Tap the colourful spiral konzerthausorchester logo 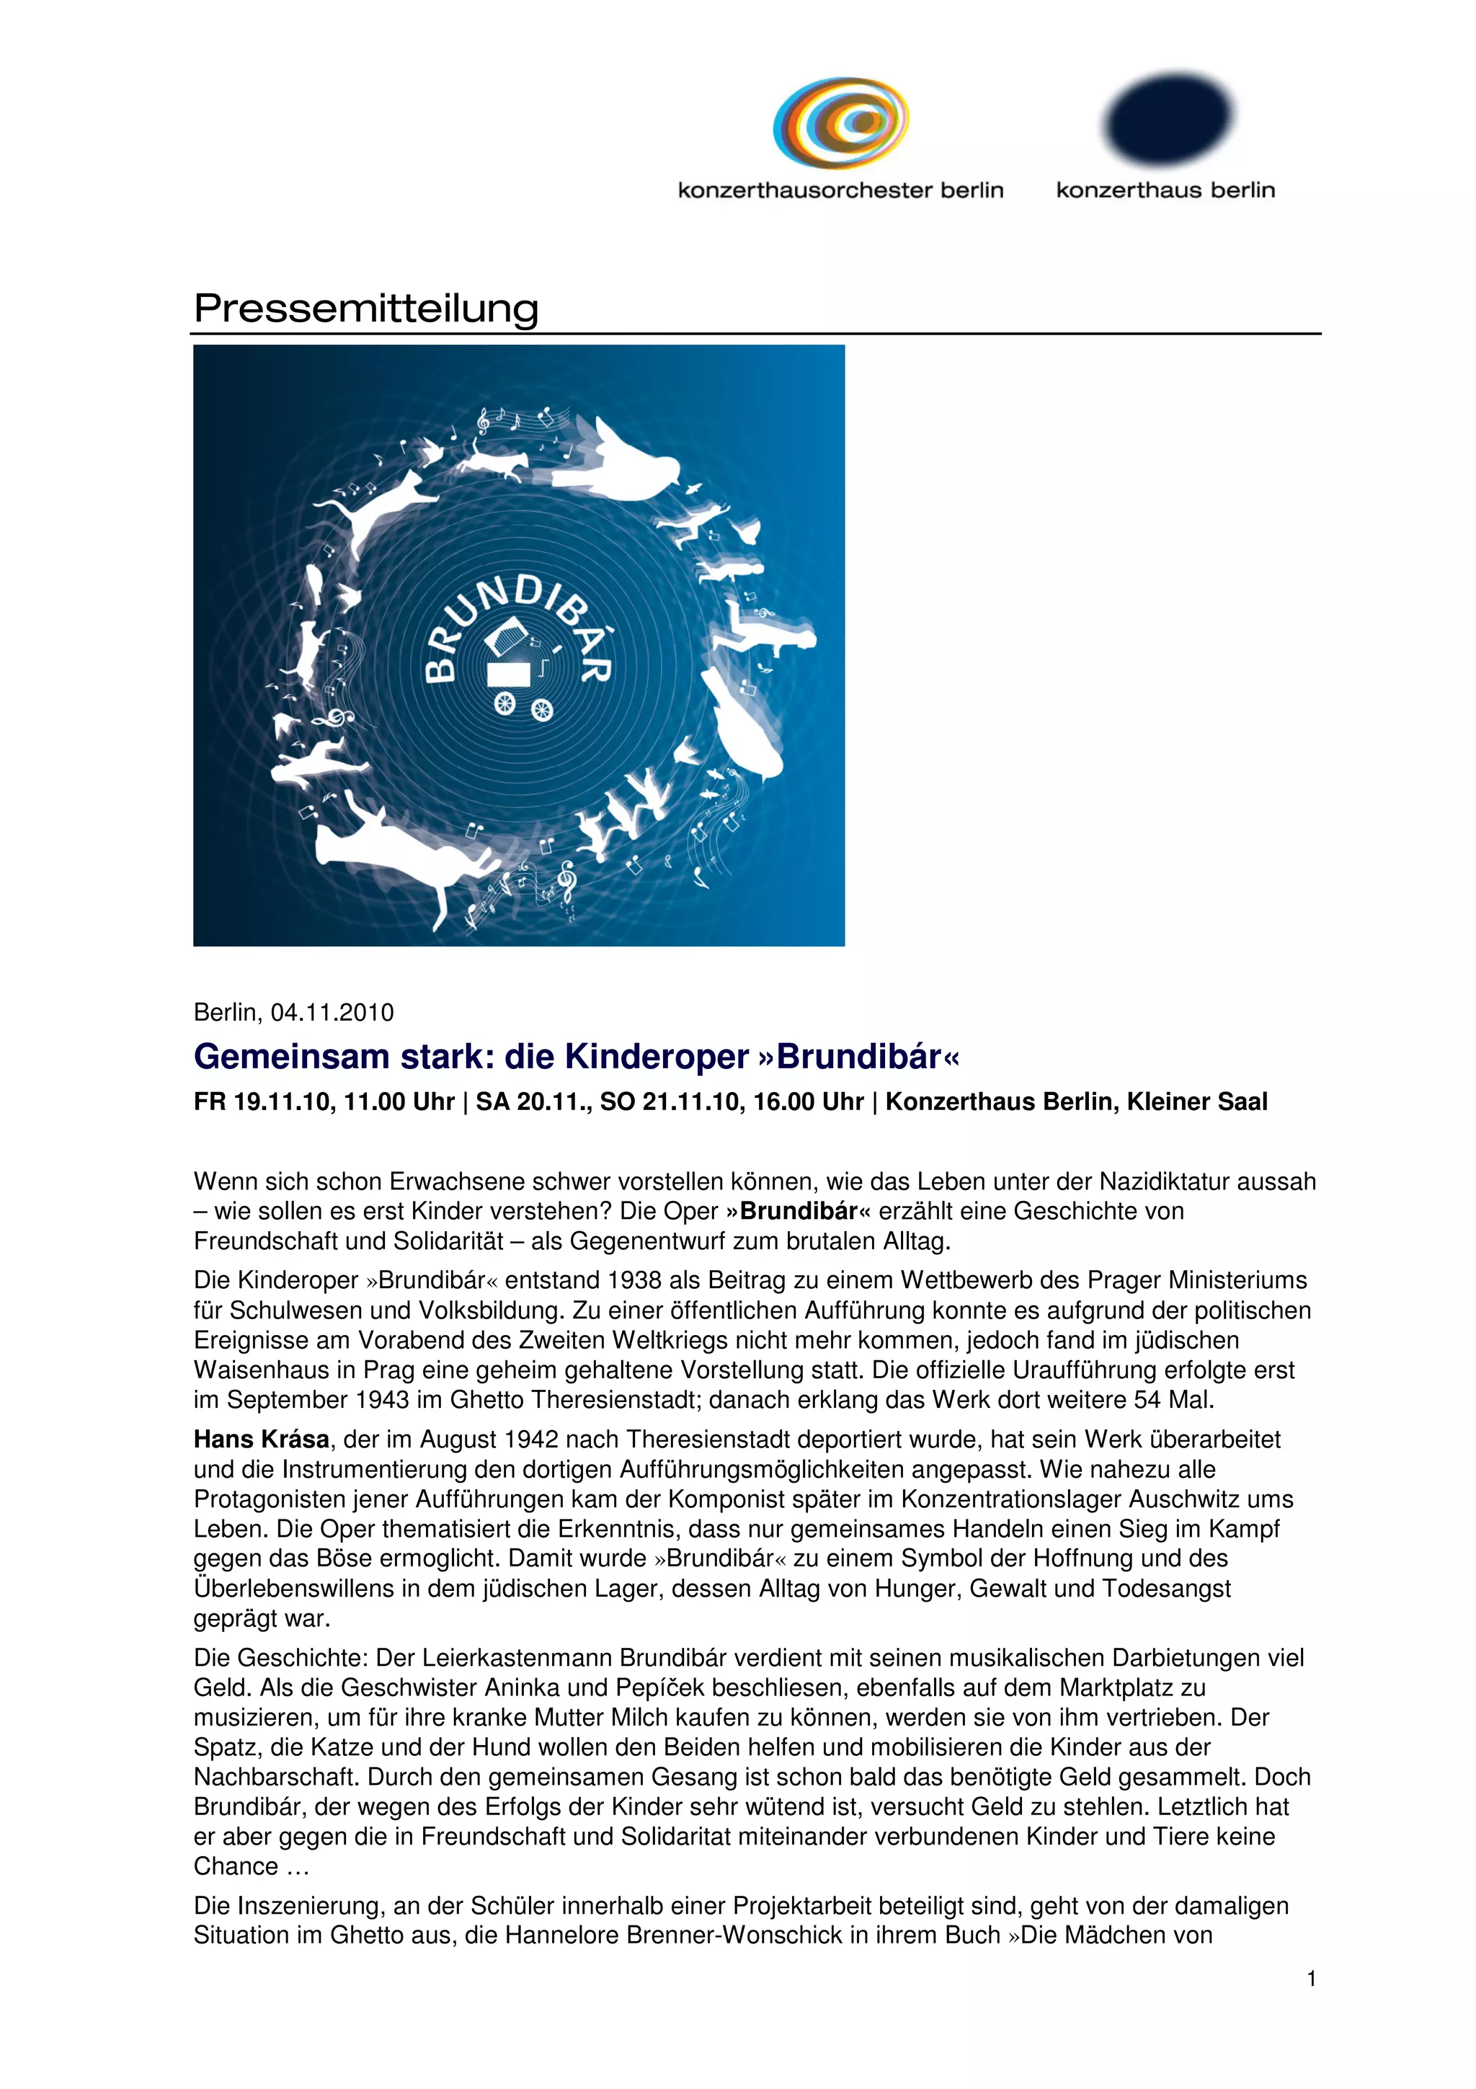click(840, 123)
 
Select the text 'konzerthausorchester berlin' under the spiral click(840, 190)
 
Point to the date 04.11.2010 click(332, 1013)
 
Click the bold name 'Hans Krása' click(261, 1440)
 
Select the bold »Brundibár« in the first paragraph click(799, 1211)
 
